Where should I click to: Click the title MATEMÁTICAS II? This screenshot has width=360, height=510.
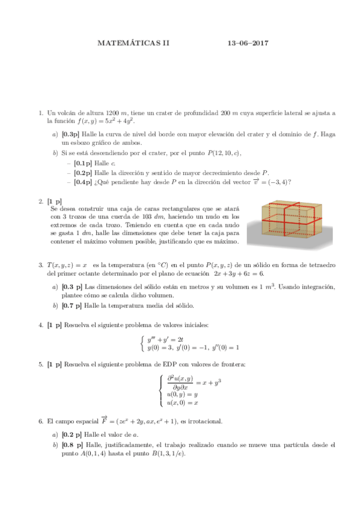click(134, 43)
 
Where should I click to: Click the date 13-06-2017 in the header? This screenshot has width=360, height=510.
click(248, 43)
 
